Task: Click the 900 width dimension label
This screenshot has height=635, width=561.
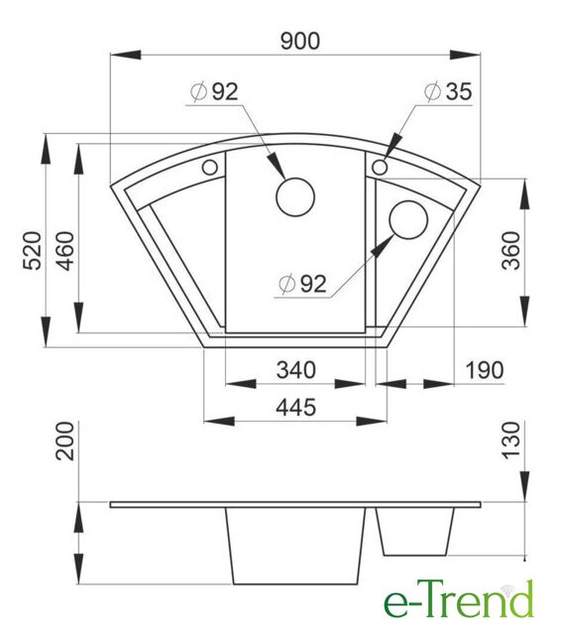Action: (x=300, y=42)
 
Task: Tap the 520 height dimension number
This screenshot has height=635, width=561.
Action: (x=32, y=250)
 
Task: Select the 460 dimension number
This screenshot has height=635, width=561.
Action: (x=65, y=251)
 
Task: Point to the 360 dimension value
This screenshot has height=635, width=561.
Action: (x=511, y=250)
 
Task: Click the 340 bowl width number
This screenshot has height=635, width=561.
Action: (x=295, y=370)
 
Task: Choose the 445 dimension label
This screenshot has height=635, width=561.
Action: (x=295, y=407)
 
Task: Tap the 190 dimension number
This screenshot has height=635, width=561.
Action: (x=485, y=370)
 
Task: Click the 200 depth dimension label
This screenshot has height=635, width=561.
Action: (x=65, y=441)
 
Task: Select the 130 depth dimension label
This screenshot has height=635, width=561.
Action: (x=511, y=441)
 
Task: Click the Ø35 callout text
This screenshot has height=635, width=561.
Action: (x=448, y=91)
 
